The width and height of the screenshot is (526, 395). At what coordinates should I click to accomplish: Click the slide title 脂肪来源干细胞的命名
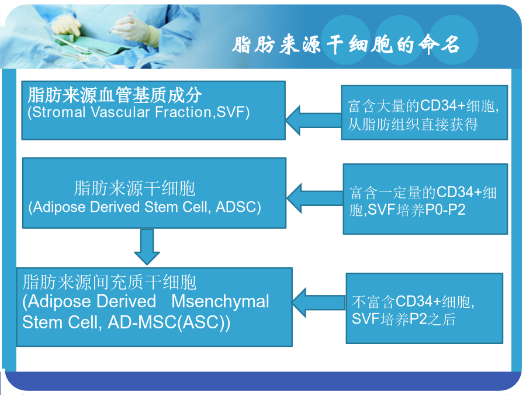(x=345, y=44)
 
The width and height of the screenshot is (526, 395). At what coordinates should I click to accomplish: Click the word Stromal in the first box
(x=59, y=112)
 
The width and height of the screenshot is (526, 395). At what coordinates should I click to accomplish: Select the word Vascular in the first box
(x=120, y=112)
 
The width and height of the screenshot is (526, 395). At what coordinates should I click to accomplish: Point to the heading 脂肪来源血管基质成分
(x=115, y=95)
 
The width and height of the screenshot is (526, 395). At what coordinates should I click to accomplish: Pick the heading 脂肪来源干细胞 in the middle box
(x=135, y=188)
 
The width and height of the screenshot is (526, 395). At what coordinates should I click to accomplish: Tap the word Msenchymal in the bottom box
(x=220, y=301)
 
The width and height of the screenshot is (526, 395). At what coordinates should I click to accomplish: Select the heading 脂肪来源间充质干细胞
(x=109, y=282)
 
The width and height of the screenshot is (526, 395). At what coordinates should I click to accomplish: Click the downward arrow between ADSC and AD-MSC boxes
(x=147, y=246)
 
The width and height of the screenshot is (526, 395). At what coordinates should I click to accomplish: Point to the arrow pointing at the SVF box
(x=314, y=121)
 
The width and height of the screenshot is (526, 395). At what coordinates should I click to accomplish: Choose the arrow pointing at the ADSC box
(x=315, y=198)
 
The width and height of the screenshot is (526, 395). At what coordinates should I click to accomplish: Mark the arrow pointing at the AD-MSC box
(x=319, y=303)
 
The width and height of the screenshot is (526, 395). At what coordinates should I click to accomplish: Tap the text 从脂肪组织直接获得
(x=413, y=125)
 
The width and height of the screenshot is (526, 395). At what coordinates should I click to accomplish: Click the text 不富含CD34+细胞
(x=412, y=301)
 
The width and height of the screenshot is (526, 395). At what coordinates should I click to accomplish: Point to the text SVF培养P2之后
(x=403, y=319)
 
